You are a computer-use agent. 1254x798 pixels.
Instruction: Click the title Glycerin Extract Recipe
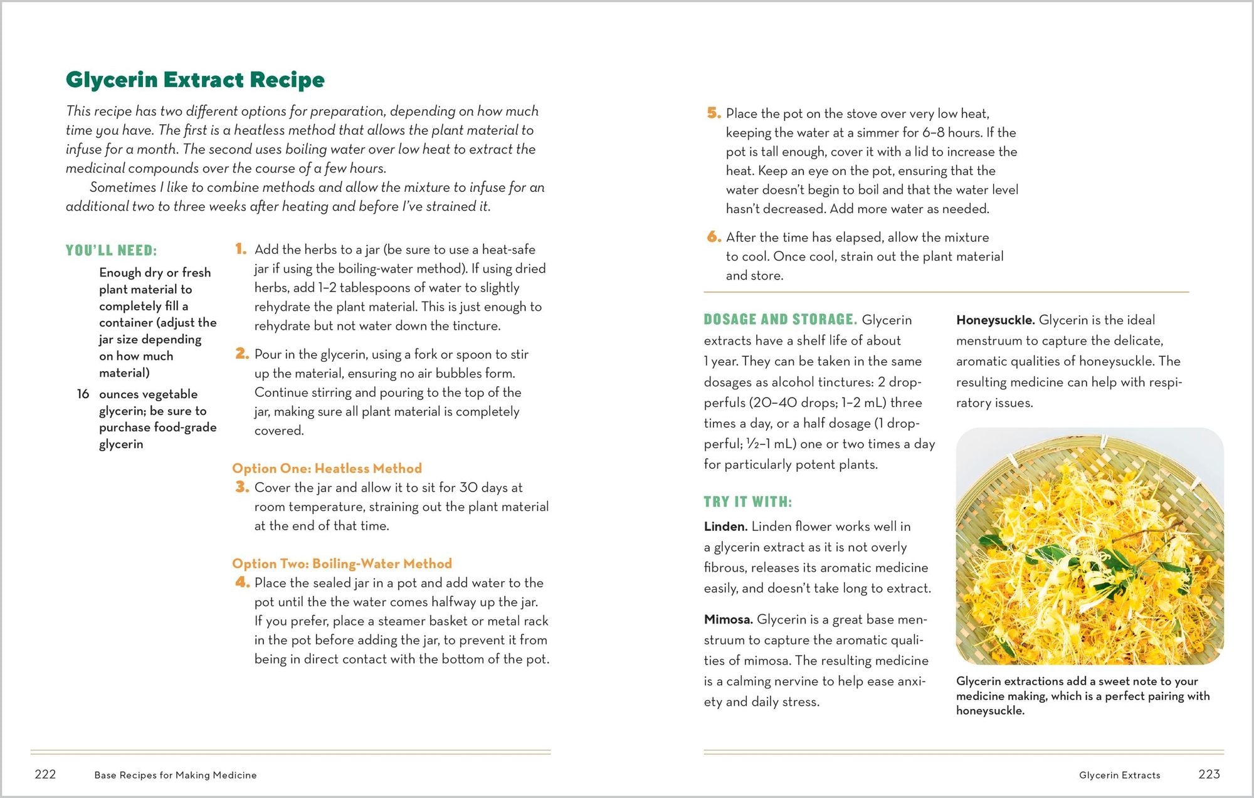pos(195,80)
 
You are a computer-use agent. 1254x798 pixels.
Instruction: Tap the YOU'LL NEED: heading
pos(111,251)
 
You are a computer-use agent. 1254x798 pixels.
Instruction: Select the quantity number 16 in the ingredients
pos(83,394)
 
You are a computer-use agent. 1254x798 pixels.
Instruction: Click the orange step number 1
pos(241,249)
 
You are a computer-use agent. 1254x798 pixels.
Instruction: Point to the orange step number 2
pos(242,354)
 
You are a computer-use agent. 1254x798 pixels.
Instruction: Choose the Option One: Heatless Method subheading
pos(327,468)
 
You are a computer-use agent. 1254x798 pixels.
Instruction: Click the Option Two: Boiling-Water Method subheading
pos(342,564)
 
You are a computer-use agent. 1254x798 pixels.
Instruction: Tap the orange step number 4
pos(242,583)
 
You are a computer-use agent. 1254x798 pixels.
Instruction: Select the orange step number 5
pos(714,113)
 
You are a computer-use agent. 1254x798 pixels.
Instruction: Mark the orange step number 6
pos(714,237)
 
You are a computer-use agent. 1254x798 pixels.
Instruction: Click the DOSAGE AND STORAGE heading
pos(780,320)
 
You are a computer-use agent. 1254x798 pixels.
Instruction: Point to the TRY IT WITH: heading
pos(747,502)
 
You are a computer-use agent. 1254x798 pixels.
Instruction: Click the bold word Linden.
pos(725,527)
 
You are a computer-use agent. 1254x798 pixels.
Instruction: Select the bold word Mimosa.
pos(728,619)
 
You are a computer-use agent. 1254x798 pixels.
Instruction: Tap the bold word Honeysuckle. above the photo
pos(995,320)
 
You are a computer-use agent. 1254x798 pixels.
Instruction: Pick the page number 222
pos(45,774)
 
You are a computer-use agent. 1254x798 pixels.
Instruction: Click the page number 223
pos(1208,774)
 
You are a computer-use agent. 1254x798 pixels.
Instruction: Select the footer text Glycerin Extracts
pos(1119,775)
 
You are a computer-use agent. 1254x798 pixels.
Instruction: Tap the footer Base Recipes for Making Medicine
pos(176,775)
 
